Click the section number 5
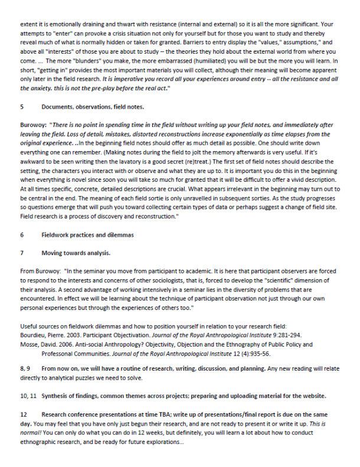(22, 107)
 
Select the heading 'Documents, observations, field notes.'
(93, 107)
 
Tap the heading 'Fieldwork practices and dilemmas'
(87, 235)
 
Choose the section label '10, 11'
(29, 395)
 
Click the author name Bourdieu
(33, 333)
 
